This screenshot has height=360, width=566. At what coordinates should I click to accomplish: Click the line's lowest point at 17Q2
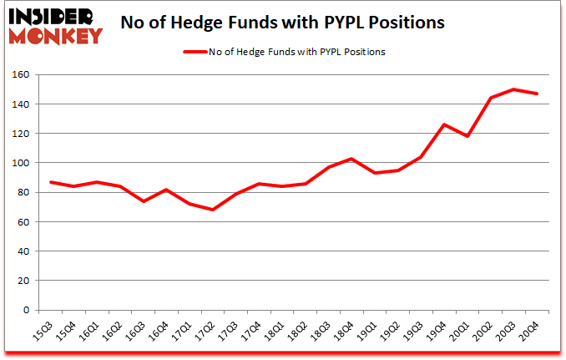(213, 210)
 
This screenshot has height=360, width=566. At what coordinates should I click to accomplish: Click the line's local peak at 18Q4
(351, 159)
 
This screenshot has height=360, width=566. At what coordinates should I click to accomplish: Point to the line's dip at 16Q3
(144, 201)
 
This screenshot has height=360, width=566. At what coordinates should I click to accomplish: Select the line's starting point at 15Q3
(52, 182)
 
